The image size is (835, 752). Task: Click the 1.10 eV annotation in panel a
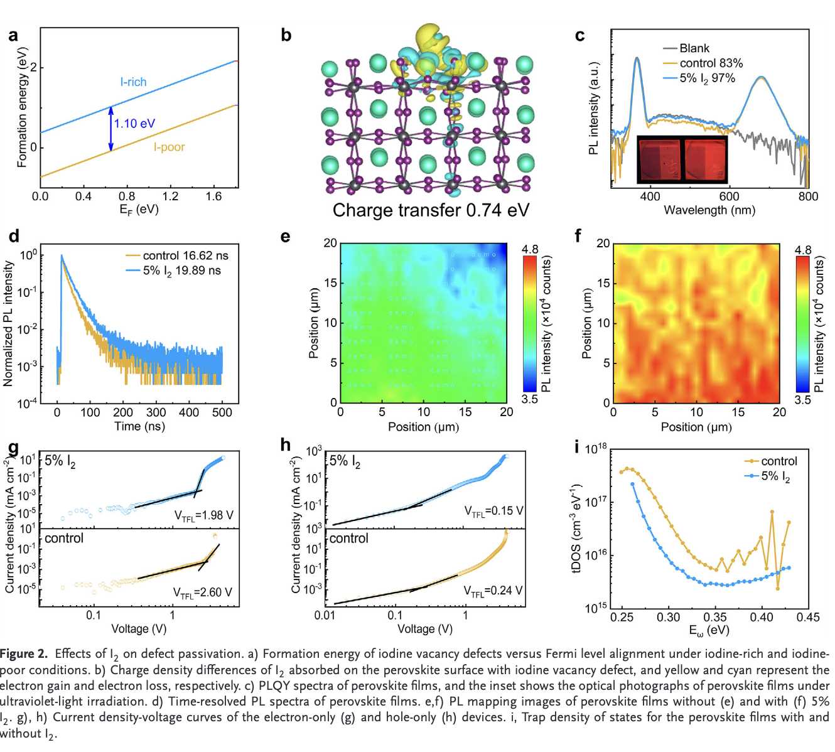pos(134,124)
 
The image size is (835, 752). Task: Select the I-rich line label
pos(133,82)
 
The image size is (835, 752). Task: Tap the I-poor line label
pos(169,148)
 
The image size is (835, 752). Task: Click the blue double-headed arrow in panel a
pos(111,129)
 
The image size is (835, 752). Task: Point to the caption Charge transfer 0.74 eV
pos(431,210)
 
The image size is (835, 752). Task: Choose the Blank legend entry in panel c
pos(694,48)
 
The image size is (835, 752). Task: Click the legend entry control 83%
pos(711,63)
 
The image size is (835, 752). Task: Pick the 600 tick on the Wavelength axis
pos(729,196)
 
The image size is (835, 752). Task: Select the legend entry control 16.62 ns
pos(185,255)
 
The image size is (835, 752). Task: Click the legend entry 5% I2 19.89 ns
pos(181,271)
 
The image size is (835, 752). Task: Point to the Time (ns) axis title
pos(139,426)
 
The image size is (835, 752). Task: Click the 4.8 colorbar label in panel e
pos(530,249)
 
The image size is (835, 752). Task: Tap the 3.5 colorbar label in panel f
pos(802,400)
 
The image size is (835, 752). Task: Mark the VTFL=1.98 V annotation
pos(203,515)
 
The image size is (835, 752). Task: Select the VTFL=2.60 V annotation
pos(202,593)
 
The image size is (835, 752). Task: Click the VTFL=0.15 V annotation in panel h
pos(493,512)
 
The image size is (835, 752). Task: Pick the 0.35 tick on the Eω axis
pos(715,617)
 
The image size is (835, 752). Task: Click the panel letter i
pos(577,447)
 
